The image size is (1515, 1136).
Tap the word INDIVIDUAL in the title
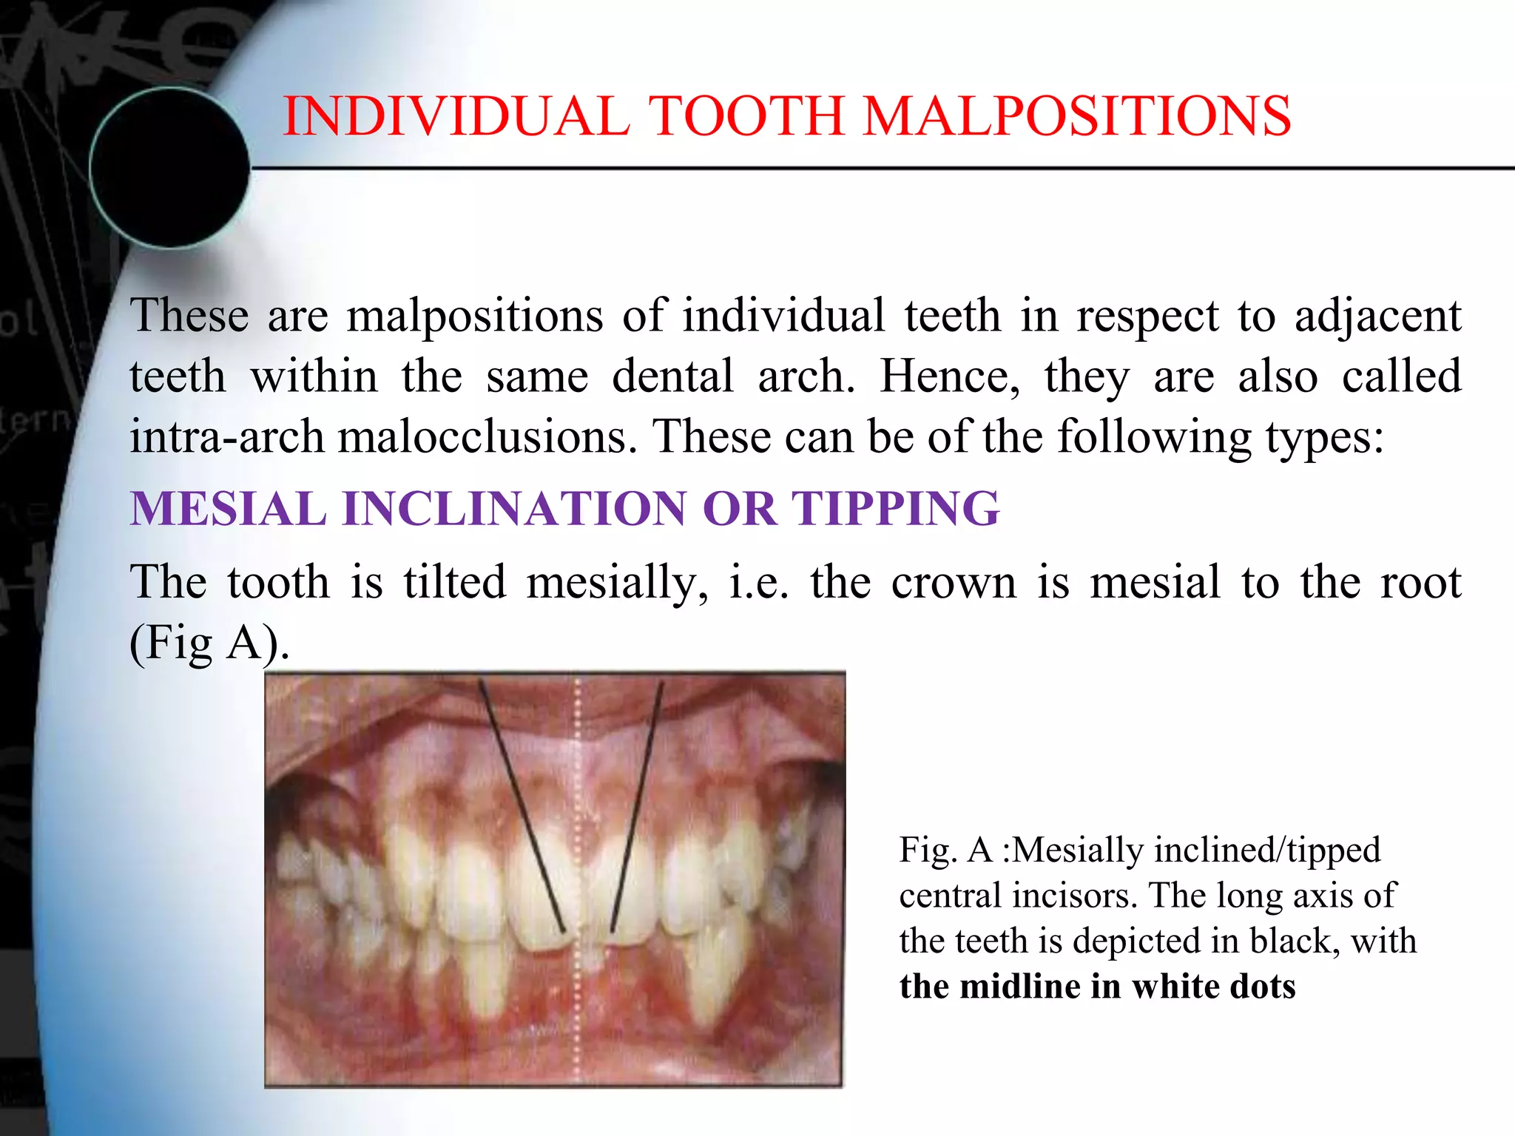(456, 116)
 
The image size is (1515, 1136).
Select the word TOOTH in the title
(746, 116)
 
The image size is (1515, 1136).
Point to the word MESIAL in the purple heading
(228, 509)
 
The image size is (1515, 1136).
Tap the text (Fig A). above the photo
(209, 642)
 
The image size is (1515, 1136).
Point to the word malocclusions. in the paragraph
(487, 436)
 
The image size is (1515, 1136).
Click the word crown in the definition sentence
(954, 582)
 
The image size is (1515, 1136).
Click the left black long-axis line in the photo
(521, 806)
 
